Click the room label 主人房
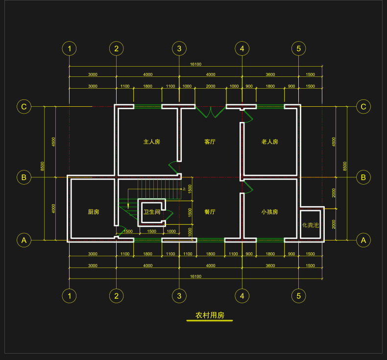(151, 142)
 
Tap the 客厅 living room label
(210, 142)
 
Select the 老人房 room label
(269, 142)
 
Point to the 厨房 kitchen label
(94, 212)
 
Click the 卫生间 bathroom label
(151, 212)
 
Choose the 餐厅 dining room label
(210, 212)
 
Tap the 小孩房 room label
(269, 212)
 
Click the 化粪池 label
(310, 225)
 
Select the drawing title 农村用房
(210, 315)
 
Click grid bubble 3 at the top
(179, 48)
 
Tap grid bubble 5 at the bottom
(298, 296)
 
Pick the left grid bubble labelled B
(24, 177)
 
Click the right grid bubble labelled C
(363, 106)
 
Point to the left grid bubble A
(24, 240)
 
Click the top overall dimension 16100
(195, 64)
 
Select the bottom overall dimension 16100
(195, 277)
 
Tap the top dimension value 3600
(270, 74)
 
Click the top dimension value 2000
(210, 86)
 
